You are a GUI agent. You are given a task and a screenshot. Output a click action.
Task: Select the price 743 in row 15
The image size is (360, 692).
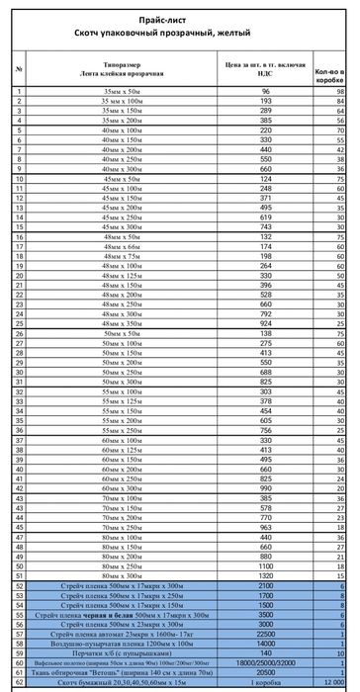tap(265, 227)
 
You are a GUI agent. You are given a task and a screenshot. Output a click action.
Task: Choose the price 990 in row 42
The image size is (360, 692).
tap(265, 488)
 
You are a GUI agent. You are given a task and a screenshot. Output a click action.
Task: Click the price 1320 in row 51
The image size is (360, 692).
tap(265, 575)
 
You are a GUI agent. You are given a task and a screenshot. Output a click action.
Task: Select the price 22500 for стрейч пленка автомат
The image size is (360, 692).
tap(265, 634)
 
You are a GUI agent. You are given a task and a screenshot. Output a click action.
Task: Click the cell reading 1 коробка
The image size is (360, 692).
tap(265, 682)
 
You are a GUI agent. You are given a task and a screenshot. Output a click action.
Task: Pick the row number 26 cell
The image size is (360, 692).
tap(20, 333)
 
